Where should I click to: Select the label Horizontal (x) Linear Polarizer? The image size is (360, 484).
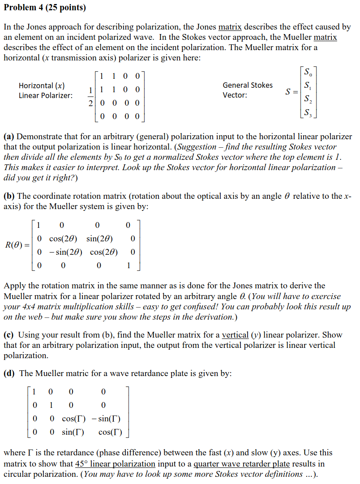pyautogui.click(x=46, y=90)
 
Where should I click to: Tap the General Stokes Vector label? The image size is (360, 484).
pyautogui.click(x=247, y=90)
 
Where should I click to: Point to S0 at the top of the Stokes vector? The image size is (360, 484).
pyautogui.click(x=307, y=72)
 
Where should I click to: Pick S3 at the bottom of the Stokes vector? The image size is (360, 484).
pyautogui.click(x=307, y=113)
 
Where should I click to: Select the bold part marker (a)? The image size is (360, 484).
pyautogui.click(x=9, y=137)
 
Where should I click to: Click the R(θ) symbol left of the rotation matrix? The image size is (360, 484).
pyautogui.click(x=17, y=245)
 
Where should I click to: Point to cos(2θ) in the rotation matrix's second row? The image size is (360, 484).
pyautogui.click(x=62, y=238)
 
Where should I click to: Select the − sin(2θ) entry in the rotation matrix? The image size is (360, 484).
pyautogui.click(x=62, y=252)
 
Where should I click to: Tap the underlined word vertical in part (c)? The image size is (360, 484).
pyautogui.click(x=235, y=335)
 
